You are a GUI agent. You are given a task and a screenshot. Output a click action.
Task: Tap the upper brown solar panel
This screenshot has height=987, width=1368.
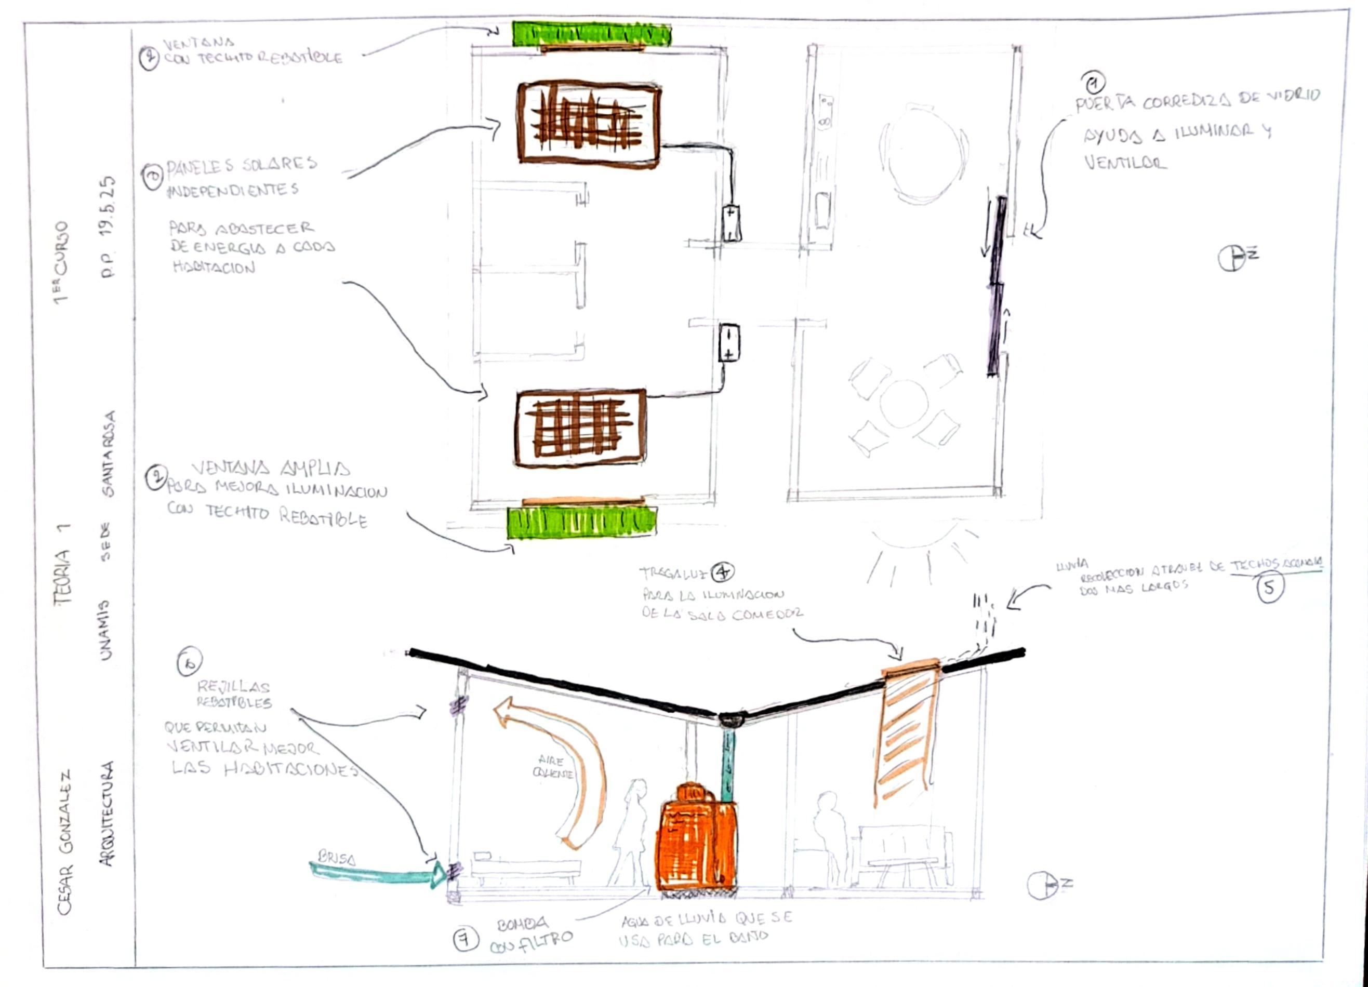(589, 123)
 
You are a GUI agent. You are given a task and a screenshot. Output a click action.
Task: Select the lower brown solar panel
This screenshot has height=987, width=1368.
(580, 429)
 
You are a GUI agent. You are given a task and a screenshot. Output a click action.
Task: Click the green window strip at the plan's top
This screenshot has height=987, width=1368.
(591, 34)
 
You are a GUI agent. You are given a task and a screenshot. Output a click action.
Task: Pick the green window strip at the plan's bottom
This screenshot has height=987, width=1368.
(581, 522)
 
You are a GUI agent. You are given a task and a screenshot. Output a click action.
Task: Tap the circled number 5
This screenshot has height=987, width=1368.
(1270, 589)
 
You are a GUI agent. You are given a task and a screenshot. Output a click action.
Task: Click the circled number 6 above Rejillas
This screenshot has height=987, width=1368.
(190, 663)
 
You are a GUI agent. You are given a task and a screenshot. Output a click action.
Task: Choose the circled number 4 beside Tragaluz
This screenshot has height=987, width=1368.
(722, 571)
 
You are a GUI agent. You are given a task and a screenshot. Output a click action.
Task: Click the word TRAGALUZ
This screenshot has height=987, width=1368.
(672, 573)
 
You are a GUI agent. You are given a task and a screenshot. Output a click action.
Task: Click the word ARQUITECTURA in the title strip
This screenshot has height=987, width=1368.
(108, 814)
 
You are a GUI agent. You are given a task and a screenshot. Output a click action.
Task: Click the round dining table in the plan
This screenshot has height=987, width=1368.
(923, 154)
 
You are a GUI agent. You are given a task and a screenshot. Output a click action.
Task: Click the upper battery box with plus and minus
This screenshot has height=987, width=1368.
(731, 223)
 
